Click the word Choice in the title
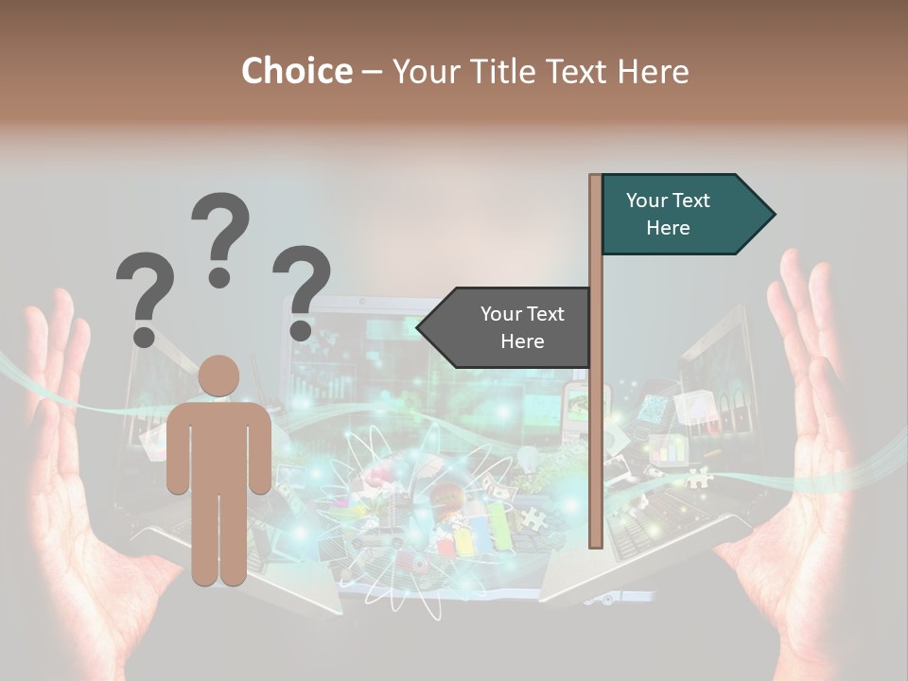pos(296,72)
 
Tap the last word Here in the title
pos(653,72)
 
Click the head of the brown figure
pos(219,375)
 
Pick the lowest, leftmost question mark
pos(144,299)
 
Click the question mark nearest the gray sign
pos(302,291)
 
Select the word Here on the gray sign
pos(522,341)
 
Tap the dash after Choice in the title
pos(372,72)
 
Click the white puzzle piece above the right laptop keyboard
pos(699,477)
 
